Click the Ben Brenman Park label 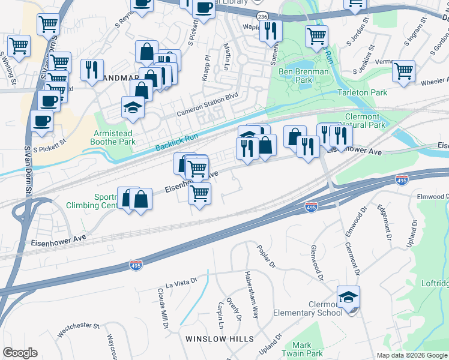[x=304, y=76]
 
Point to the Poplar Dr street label [x=265, y=257]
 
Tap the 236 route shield [x=261, y=16]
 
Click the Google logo [x=20, y=353]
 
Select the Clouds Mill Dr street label [x=162, y=307]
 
